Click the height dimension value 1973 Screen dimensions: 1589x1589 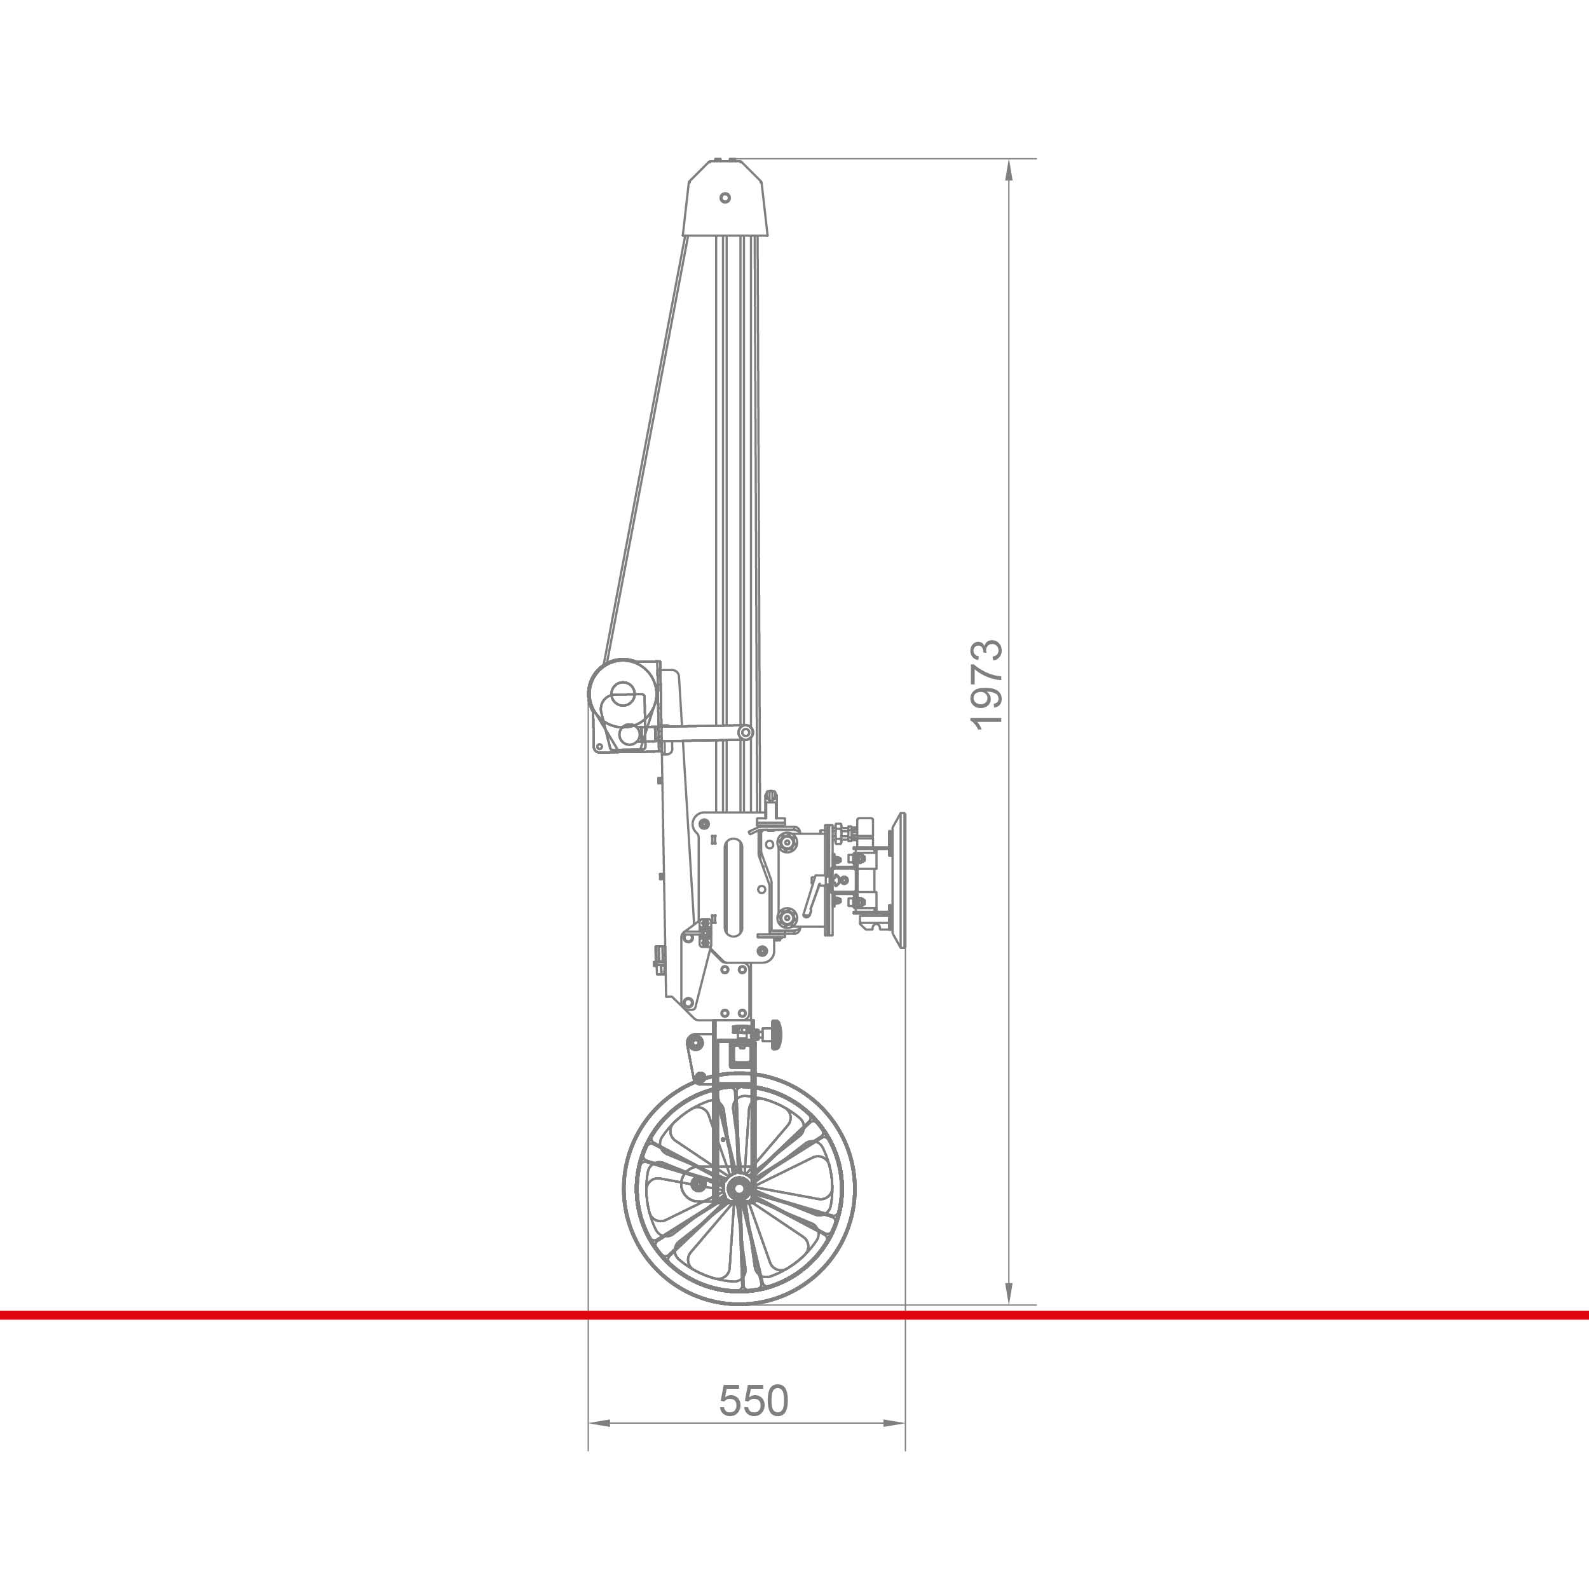pos(987,685)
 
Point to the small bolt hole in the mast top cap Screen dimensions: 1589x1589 pos(725,198)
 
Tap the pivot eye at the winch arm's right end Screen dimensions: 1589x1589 pos(745,732)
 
